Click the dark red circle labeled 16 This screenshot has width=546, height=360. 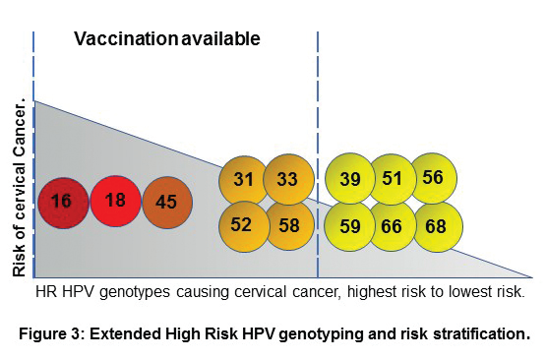tap(62, 202)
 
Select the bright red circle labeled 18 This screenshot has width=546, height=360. tap(115, 201)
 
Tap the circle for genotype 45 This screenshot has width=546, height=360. tap(168, 202)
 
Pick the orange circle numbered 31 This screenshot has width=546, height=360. tap(244, 179)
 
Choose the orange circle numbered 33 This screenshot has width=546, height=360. tap(287, 179)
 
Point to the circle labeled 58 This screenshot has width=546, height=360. tap(287, 224)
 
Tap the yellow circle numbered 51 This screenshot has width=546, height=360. tap(393, 178)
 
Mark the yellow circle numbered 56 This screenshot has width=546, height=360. tap(434, 177)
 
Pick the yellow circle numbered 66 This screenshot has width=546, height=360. tap(393, 225)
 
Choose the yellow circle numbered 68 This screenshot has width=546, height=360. tap(436, 225)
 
